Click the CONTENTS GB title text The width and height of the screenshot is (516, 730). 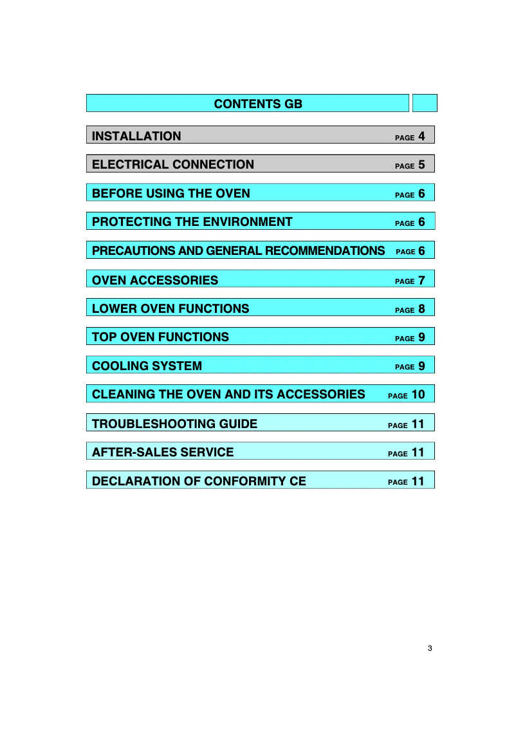point(257,104)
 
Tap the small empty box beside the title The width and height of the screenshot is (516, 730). point(424,103)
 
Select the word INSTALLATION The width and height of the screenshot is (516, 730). point(136,136)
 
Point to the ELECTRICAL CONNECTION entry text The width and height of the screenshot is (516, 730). point(173,164)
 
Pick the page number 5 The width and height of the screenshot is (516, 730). point(421,164)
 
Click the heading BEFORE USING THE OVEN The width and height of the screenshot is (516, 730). point(171,193)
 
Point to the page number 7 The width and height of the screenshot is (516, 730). point(421,280)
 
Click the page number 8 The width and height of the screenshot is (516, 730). point(421,308)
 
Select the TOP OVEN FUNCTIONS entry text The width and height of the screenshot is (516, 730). point(160,337)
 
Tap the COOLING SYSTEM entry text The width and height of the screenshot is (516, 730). point(147,366)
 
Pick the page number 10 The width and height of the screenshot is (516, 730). point(418,394)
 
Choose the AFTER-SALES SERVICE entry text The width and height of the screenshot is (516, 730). point(163,452)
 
